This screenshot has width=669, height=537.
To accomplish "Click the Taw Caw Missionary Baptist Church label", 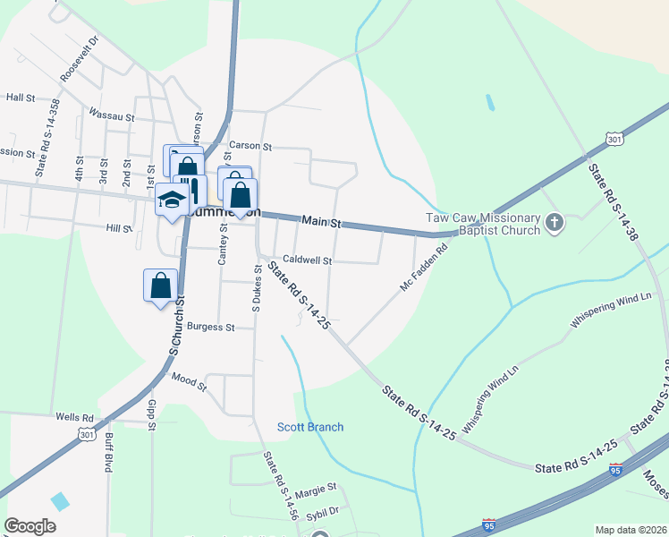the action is (482, 224).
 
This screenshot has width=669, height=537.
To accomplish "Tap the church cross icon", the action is (555, 222).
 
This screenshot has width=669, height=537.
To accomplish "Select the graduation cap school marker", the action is (170, 200).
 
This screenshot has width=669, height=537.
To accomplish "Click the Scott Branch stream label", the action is (309, 427).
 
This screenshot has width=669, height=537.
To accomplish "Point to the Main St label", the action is (322, 220).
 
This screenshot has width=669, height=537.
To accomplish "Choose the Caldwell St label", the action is (308, 260).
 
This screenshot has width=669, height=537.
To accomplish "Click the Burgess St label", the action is (210, 328).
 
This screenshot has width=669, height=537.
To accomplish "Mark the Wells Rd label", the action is (74, 417).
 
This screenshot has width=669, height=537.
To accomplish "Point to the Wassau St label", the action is (111, 115).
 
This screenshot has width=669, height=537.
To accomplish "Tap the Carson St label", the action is (250, 145).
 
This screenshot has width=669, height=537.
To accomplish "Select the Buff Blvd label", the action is (108, 447).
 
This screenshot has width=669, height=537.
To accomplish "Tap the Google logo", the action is (30, 526).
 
